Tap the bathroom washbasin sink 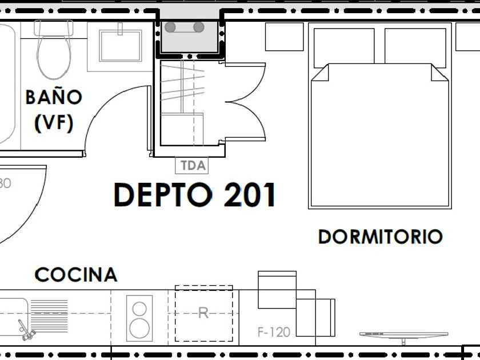click(121, 45)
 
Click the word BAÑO click(54, 97)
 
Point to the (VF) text click(54, 123)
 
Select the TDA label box click(193, 166)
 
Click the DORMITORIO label click(380, 237)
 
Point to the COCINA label click(76, 275)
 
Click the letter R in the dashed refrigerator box click(203, 313)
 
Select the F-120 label click(274, 331)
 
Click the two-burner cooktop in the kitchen click(139, 318)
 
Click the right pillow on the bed click(415, 46)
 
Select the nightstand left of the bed click(284, 37)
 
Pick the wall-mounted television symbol click(403, 335)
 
